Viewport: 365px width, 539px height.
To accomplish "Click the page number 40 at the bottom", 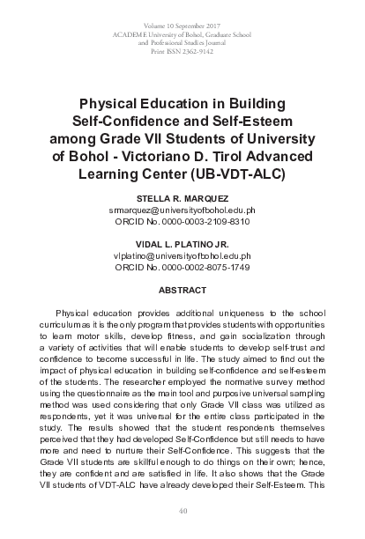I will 182,511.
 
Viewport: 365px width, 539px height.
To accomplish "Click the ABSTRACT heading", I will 182,289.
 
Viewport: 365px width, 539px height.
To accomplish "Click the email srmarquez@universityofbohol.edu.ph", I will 182,211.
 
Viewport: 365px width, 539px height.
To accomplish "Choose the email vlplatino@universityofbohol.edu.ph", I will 182,255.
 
